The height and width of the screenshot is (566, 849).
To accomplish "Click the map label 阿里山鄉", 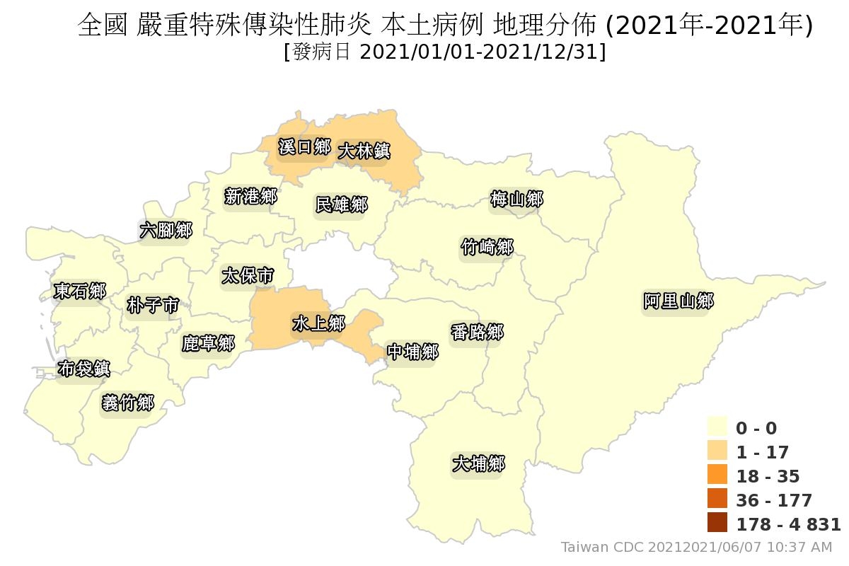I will [678, 301].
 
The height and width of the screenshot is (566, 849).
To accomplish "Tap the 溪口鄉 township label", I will [304, 147].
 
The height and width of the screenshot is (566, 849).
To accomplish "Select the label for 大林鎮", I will [364, 151].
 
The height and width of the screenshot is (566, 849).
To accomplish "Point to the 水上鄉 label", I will [318, 323].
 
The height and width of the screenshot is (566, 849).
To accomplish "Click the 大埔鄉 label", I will [478, 464].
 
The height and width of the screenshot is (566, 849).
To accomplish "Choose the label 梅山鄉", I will [516, 200].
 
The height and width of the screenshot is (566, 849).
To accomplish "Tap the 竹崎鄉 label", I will [487, 247].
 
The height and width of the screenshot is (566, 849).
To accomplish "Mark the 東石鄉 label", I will [79, 291].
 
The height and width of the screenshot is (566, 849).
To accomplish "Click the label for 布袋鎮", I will [83, 369].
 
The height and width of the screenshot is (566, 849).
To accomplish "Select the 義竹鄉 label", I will [127, 403].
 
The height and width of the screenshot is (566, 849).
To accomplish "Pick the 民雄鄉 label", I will [341, 204].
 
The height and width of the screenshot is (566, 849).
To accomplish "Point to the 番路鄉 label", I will [477, 331].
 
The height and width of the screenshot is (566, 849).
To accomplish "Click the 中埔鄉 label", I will [412, 352].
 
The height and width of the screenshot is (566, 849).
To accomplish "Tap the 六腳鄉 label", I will [165, 230].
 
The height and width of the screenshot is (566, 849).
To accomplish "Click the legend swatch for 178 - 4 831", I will [717, 524].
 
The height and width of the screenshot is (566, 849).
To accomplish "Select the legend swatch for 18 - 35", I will [717, 475].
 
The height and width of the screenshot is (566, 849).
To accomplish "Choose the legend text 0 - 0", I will [756, 428].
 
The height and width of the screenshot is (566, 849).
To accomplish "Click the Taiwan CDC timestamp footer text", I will [696, 547].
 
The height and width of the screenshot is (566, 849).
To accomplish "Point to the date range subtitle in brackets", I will [444, 52].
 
